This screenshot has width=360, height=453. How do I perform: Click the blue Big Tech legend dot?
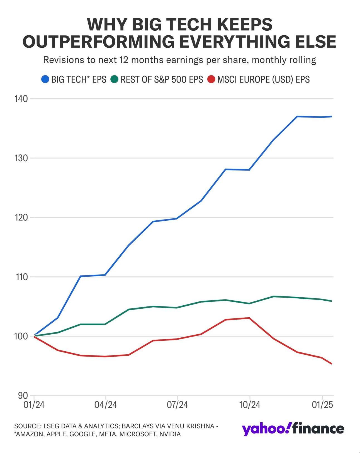(45, 79)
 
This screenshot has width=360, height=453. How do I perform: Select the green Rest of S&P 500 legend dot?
(115, 79)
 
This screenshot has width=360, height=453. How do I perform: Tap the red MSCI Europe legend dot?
(211, 79)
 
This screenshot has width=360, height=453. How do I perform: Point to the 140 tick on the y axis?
(21, 99)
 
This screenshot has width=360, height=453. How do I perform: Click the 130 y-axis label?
(21, 158)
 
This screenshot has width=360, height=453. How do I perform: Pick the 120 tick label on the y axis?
(21, 218)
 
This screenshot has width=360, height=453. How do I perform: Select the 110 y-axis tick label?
(21, 277)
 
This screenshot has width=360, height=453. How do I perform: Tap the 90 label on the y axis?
(23, 396)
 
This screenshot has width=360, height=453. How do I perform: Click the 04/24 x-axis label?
(106, 405)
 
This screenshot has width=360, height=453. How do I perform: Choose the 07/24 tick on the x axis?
(177, 405)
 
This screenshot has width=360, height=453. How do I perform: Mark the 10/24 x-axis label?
(250, 405)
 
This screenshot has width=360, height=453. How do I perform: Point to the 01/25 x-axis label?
(322, 405)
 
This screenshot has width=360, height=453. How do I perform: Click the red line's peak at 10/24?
(249, 318)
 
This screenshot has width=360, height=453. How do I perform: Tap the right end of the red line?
(331, 364)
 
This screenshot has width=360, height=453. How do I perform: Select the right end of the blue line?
(331, 116)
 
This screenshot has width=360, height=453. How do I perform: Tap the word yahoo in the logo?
(263, 429)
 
